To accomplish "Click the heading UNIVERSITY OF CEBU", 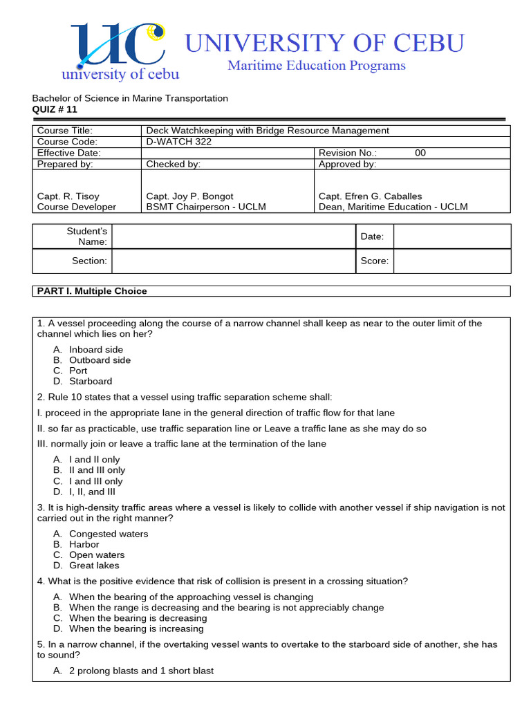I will click(324, 43).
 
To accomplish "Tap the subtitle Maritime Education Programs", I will click(317, 66).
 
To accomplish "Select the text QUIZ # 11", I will click(55, 109).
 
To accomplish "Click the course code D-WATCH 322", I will click(178, 142).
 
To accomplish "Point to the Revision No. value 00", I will click(420, 153).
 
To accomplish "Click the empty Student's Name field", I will click(233, 236).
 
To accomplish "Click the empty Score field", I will click(451, 261).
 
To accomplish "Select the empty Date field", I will click(451, 236).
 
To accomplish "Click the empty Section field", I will click(233, 261).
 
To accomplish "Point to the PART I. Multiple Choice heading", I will click(92, 291).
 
